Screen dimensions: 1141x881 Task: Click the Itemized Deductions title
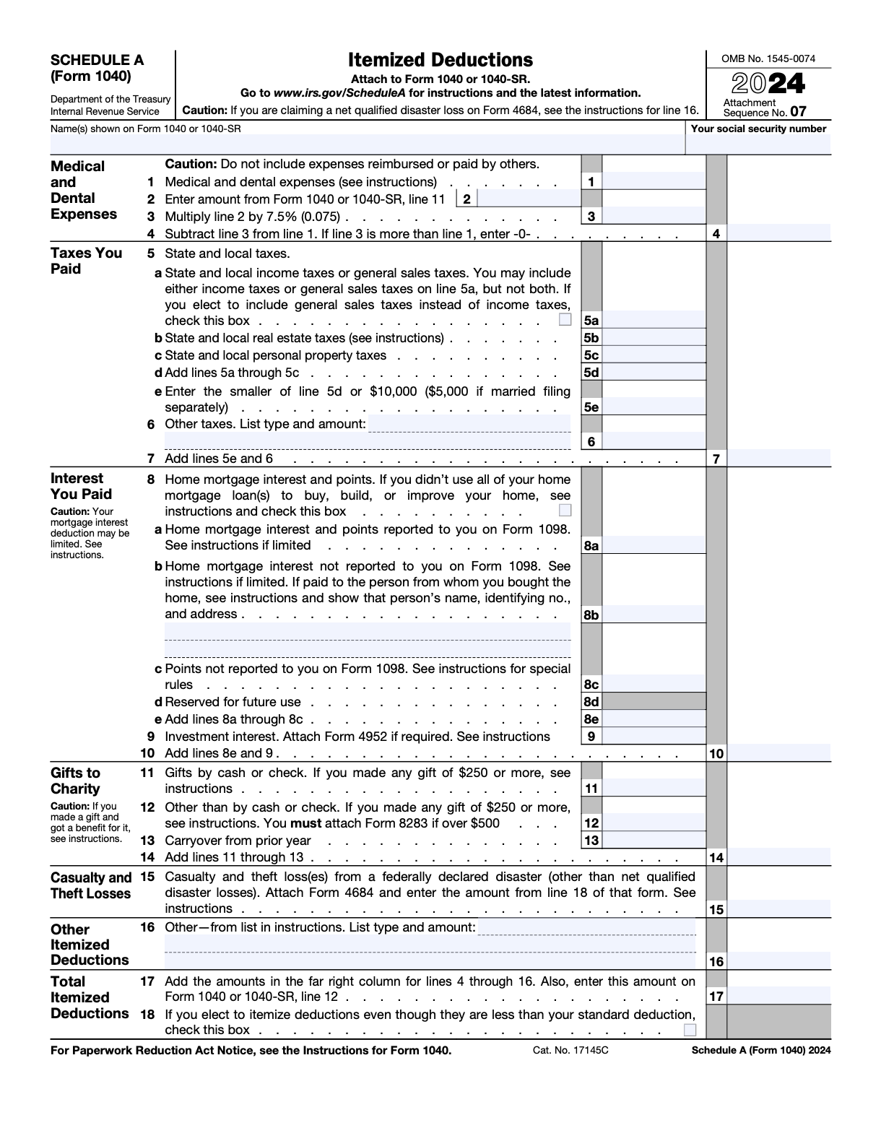440,60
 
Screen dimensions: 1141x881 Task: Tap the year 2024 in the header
768,84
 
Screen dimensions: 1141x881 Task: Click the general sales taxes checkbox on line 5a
565,320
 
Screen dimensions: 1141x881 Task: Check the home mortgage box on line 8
565,511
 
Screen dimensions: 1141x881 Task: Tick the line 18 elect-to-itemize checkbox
690,1030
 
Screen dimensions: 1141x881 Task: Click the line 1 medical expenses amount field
653,181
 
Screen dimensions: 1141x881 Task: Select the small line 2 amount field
529,199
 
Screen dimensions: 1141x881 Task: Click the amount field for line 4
778,233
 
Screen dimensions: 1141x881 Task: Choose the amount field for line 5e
653,407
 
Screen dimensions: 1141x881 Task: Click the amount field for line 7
778,458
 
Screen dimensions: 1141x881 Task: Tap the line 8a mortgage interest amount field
653,545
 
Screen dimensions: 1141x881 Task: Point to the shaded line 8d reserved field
653,701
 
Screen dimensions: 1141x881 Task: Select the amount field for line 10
778,753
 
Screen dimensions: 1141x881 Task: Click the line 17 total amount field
778,996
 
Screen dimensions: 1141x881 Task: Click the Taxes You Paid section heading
86,261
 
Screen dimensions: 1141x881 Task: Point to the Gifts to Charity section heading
75,781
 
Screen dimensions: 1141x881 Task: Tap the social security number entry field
758,144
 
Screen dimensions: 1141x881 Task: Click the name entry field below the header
367,144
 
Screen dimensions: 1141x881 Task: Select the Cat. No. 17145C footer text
570,1050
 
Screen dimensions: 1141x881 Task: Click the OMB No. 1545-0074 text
768,59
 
